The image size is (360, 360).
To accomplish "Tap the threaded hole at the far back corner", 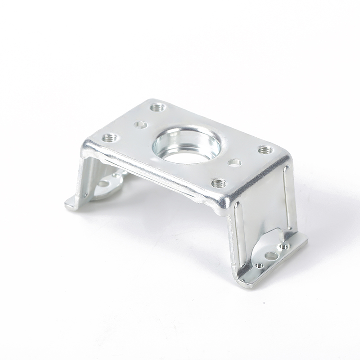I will [x=157, y=108].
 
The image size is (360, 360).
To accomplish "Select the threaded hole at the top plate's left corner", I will [x=109, y=138].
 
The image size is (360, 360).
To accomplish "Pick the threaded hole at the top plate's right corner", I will [x=265, y=149].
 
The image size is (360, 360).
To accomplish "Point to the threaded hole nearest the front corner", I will [x=218, y=183].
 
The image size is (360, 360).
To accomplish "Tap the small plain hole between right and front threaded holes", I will [x=235, y=162].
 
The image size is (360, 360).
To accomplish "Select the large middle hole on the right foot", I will [x=271, y=256].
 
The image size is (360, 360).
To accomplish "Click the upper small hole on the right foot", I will [x=283, y=247].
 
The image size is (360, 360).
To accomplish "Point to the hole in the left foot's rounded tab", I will [x=103, y=183].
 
